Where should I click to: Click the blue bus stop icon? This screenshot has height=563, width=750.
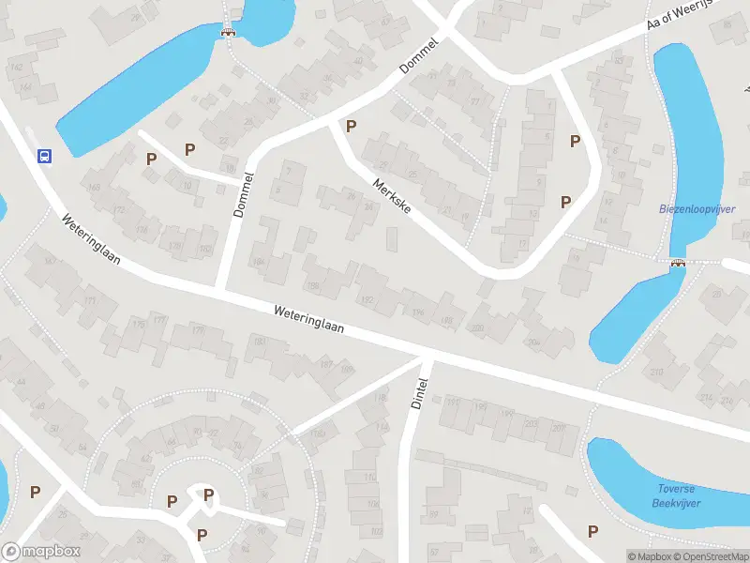(x=43, y=157)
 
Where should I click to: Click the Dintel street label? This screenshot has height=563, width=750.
(x=419, y=392)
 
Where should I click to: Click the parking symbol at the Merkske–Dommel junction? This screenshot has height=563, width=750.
(x=352, y=126)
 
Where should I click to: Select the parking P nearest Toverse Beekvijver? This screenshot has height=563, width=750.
(x=592, y=531)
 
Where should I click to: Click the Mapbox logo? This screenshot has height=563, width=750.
(x=40, y=552)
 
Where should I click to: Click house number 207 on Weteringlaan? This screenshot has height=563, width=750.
(x=559, y=428)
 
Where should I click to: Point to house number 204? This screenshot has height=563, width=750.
(x=533, y=343)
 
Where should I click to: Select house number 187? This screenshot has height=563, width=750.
(x=326, y=363)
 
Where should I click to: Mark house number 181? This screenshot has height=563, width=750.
(x=260, y=341)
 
